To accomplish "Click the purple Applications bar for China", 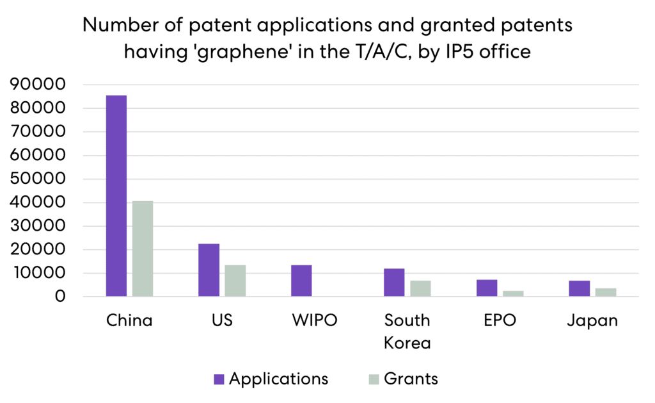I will [x=116, y=195].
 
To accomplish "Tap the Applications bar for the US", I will [x=209, y=270].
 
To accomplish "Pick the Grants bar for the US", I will [x=235, y=281].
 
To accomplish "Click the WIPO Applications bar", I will [x=301, y=281].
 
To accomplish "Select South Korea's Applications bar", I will [x=394, y=283].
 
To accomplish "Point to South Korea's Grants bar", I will [x=420, y=288].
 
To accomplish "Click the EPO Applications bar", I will [x=487, y=288].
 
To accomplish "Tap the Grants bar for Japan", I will [x=606, y=292].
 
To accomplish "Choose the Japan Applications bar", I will [x=580, y=288].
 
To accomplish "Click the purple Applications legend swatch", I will [x=219, y=379].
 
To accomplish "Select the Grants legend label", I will [x=411, y=379].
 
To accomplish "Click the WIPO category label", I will [x=315, y=320].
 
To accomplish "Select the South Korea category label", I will [x=407, y=331].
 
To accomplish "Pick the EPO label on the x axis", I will [x=500, y=320].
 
